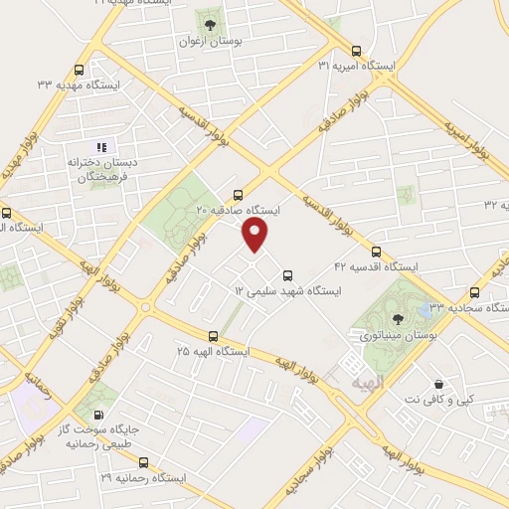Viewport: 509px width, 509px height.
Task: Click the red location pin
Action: (x=255, y=235)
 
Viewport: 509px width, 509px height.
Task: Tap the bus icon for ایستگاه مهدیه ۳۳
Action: (x=80, y=70)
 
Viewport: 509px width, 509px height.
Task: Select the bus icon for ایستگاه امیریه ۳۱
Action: (x=357, y=50)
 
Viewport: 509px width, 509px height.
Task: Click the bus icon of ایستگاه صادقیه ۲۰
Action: (x=237, y=195)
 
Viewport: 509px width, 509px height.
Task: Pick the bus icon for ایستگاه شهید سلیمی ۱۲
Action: (x=287, y=275)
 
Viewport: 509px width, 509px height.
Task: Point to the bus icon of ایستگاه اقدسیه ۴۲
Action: (x=376, y=252)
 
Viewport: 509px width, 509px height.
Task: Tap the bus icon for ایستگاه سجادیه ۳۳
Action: (x=474, y=292)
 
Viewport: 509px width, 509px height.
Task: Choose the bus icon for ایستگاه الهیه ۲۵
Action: (x=213, y=336)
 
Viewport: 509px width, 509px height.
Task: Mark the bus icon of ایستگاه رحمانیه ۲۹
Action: (x=144, y=462)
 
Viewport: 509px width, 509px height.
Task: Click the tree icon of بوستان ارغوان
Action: (x=210, y=24)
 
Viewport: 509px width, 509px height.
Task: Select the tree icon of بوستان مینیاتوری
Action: (x=398, y=319)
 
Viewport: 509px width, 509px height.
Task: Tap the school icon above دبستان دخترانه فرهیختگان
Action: (x=100, y=147)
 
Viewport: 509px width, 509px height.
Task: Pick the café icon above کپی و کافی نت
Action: (x=438, y=384)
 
